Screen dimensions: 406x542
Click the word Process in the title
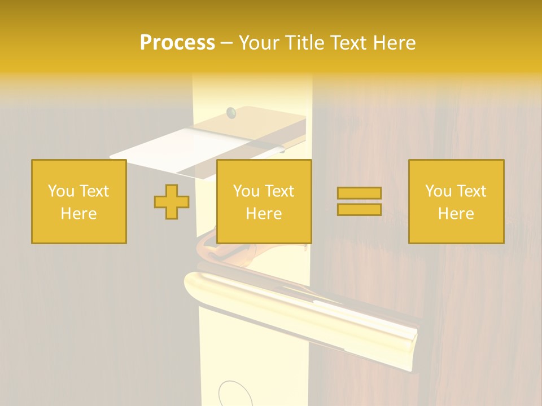point(177,43)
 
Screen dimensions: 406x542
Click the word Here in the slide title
point(393,43)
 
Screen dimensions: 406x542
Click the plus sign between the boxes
point(172,202)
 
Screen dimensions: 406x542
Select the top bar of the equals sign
point(359,193)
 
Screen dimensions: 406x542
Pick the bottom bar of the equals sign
point(359,210)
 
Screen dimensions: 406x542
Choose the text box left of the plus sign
point(78,201)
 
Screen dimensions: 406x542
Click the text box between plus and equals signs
point(264,201)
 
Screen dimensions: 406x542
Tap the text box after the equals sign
point(456,201)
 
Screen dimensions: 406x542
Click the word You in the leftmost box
point(61,191)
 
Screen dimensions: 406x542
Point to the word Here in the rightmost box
point(456,214)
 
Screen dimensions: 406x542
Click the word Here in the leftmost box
point(78,214)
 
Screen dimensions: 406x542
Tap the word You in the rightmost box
point(438,191)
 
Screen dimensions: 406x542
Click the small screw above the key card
point(230,113)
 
